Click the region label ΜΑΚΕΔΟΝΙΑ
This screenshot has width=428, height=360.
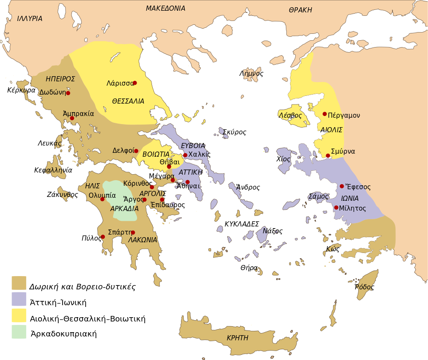click(x=165, y=9)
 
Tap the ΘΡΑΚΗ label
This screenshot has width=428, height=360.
click(x=300, y=10)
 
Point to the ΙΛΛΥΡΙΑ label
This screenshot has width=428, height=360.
click(x=30, y=19)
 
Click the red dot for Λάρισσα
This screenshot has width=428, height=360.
click(x=135, y=83)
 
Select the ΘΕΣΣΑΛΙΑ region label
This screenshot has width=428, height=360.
click(x=128, y=101)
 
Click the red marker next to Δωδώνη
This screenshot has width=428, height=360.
click(x=68, y=93)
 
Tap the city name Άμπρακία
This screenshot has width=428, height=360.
click(x=78, y=114)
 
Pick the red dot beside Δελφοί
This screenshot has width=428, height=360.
click(x=136, y=151)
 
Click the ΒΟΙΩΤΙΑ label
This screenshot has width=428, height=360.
click(x=156, y=154)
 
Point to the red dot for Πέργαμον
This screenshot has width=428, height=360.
click(x=325, y=114)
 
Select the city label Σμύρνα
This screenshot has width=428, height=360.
click(x=343, y=152)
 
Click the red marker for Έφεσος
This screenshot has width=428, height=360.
click(x=342, y=186)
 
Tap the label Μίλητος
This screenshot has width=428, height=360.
click(x=352, y=208)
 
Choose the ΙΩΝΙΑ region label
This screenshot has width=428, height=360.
click(x=350, y=199)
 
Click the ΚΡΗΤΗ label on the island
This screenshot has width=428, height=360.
click(x=238, y=338)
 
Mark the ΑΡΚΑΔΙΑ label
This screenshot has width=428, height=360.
click(x=124, y=209)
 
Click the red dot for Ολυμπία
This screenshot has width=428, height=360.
click(x=102, y=199)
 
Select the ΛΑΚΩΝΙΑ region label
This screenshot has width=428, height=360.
click(x=143, y=240)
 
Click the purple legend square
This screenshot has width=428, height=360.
click(x=19, y=299)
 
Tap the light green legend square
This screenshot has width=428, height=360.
click(x=19, y=332)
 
